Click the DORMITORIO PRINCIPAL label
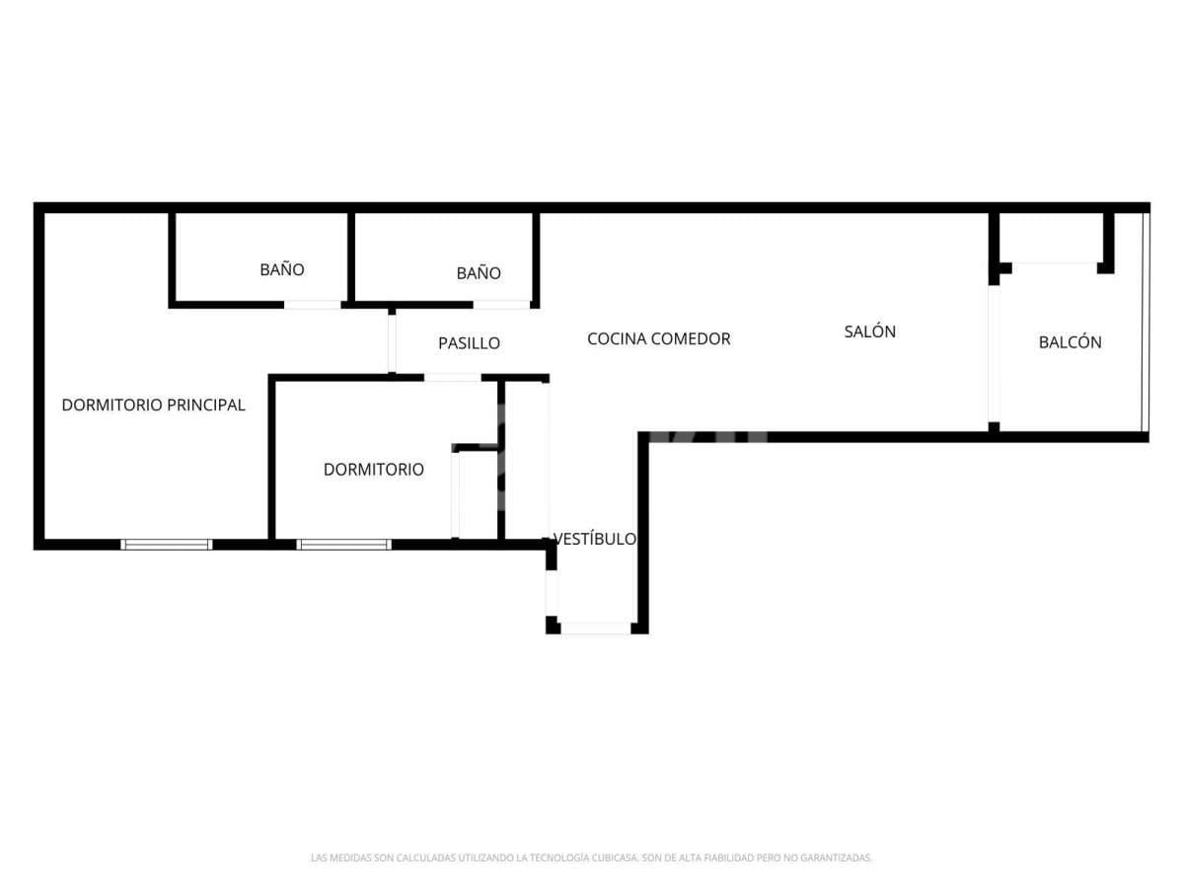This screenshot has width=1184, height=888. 153,405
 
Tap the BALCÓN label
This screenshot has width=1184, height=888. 1070,341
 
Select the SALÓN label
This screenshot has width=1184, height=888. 869,332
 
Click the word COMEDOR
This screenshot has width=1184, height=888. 691,338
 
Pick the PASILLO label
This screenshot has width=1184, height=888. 469,343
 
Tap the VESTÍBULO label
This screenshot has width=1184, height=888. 594,539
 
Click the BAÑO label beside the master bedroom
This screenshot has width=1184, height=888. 281,269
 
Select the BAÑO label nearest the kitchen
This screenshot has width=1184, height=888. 479,273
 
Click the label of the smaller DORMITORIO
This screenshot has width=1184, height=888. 373,469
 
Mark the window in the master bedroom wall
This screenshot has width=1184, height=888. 166,544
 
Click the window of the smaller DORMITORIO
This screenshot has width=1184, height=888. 343,544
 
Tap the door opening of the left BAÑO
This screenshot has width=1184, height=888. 313,305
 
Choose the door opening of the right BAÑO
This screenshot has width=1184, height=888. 501,305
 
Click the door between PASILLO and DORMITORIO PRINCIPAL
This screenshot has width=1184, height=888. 392,343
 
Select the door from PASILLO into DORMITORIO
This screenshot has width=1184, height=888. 453,377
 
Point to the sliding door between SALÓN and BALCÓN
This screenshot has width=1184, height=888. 994,353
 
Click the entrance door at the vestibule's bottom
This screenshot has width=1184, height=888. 596,628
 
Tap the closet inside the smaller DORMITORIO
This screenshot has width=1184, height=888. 476,492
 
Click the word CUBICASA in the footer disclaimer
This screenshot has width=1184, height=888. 615,857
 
